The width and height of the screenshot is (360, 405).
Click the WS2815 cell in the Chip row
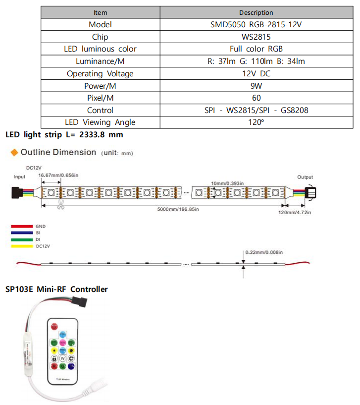click(x=256, y=37)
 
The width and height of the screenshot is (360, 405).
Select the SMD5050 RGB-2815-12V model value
click(x=256, y=24)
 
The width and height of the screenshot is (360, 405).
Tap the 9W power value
click(x=256, y=86)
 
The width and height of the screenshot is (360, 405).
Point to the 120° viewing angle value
click(x=256, y=122)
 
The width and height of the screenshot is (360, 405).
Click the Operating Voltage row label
click(x=100, y=73)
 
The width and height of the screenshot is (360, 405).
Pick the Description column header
click(x=256, y=12)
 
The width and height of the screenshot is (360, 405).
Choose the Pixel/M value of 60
click(x=256, y=98)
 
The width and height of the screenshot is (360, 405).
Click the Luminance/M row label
click(x=100, y=61)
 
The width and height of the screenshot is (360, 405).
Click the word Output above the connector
click(x=305, y=177)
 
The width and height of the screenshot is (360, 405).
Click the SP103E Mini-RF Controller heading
click(x=56, y=289)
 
